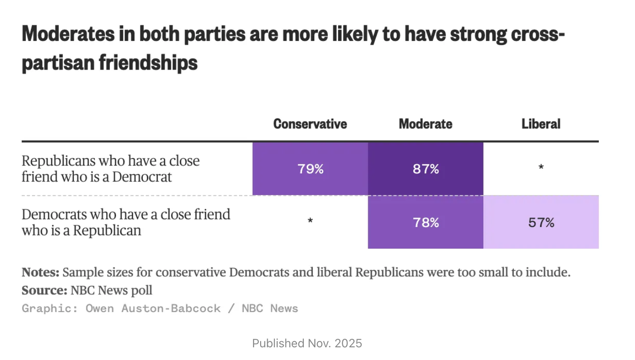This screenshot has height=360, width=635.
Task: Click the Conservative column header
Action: click(310, 124)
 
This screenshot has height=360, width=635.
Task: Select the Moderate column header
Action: click(426, 124)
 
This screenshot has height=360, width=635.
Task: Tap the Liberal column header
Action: click(541, 124)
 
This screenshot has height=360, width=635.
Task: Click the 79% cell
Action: click(310, 169)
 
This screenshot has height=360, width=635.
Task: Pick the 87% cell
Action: click(426, 169)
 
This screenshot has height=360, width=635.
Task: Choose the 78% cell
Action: click(426, 222)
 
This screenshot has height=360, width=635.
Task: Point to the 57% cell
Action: click(541, 222)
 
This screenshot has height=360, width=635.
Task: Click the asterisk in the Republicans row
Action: click(541, 167)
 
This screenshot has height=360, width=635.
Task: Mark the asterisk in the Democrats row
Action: click(310, 221)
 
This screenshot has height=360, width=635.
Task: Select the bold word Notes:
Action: click(40, 273)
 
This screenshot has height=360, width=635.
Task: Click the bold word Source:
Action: click(44, 290)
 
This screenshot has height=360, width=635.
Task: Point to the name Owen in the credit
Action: click(100, 308)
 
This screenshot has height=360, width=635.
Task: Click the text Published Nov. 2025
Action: click(307, 343)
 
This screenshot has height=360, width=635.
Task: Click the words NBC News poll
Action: click(111, 290)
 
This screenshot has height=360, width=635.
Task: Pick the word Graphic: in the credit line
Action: click(49, 308)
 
